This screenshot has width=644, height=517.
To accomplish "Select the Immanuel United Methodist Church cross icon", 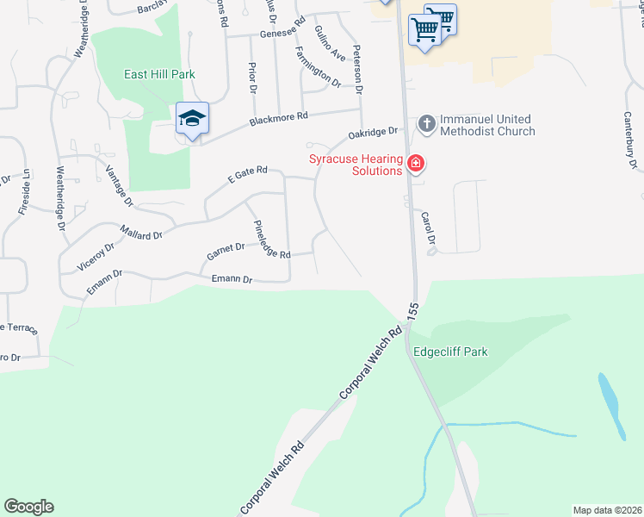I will [x=426, y=124].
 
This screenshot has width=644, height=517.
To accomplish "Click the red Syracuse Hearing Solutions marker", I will [x=416, y=164].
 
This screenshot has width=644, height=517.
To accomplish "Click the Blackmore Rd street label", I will [x=278, y=118].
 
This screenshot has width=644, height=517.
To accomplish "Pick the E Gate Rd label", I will [x=248, y=174].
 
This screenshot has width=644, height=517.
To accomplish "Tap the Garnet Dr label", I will [x=226, y=252].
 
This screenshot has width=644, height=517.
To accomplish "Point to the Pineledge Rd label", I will [x=270, y=239].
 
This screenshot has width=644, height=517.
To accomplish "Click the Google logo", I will [x=28, y=507].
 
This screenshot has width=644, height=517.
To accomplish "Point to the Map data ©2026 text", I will [x=607, y=510].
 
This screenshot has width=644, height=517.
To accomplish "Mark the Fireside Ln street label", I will [x=24, y=190].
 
